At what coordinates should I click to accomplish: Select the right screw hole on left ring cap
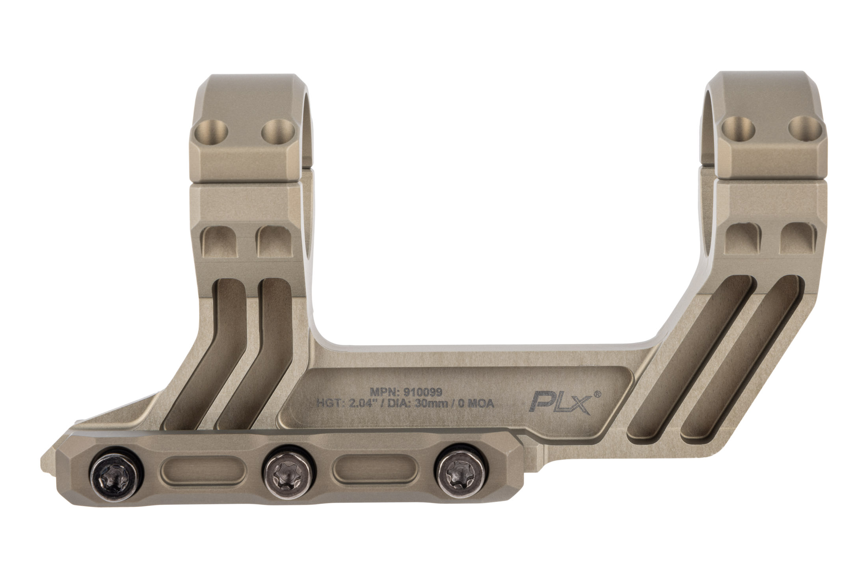[x=278, y=139]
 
